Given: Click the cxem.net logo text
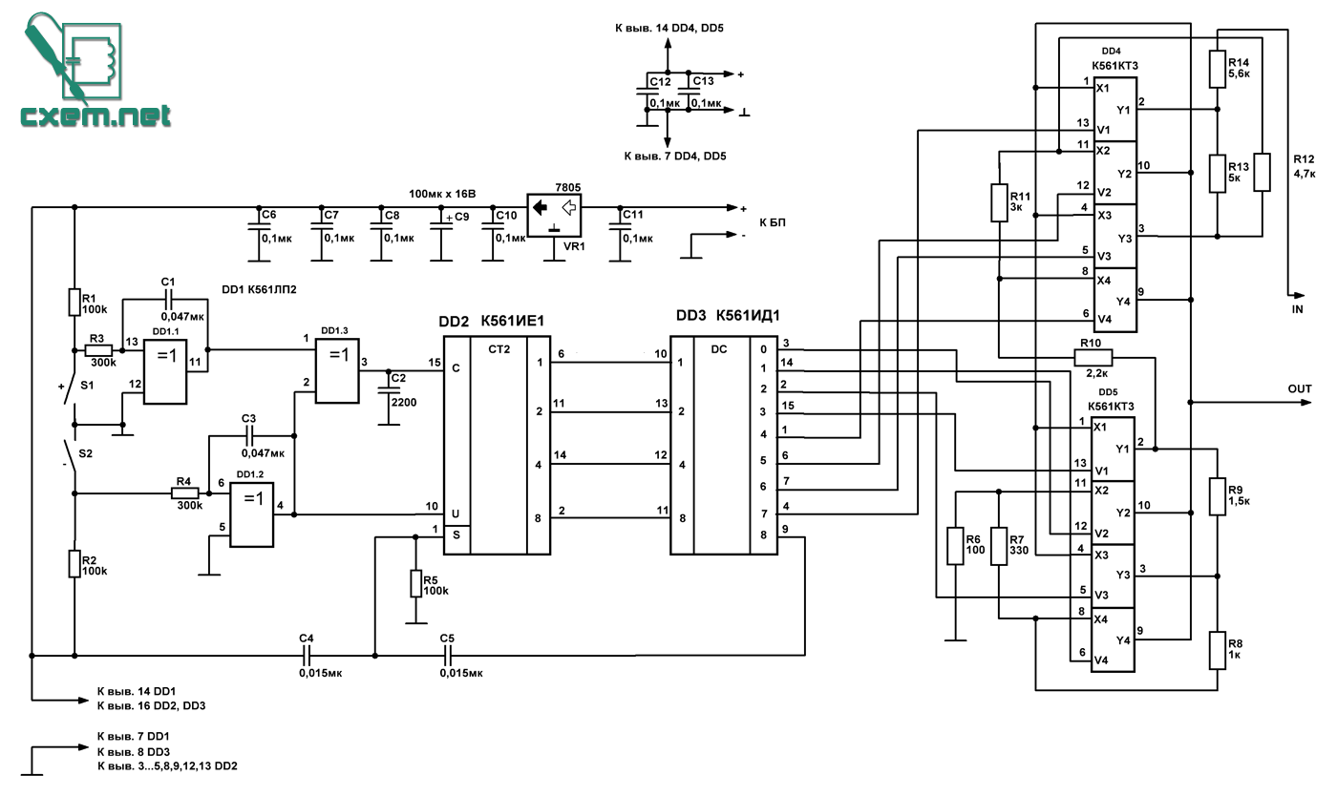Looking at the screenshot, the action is [95, 115].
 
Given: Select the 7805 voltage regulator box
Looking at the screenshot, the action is [554, 215].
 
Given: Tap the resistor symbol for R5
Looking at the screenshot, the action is [416, 583].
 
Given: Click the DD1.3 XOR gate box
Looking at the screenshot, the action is [337, 370].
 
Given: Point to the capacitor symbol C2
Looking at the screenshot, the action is [389, 389].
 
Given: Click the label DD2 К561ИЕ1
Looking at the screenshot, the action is [491, 322].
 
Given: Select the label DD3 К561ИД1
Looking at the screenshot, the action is [728, 316].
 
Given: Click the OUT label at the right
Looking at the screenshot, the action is [1300, 389].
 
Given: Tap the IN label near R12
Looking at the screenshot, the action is [1297, 309].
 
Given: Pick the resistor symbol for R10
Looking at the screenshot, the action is [1093, 357].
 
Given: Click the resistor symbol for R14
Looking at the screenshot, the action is [1218, 70].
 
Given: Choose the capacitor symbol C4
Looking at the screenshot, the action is [307, 656].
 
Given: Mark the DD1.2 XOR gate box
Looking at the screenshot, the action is [252, 514].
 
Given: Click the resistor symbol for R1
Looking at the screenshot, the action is [74, 302].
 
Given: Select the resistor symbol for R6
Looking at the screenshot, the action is [955, 545].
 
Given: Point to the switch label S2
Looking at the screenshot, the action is [85, 453].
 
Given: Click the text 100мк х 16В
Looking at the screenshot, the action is [442, 194].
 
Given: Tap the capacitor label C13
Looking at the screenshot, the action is [703, 80].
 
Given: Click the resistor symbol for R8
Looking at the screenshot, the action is [1218, 650].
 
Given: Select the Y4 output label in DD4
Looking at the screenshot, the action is [1123, 302].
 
